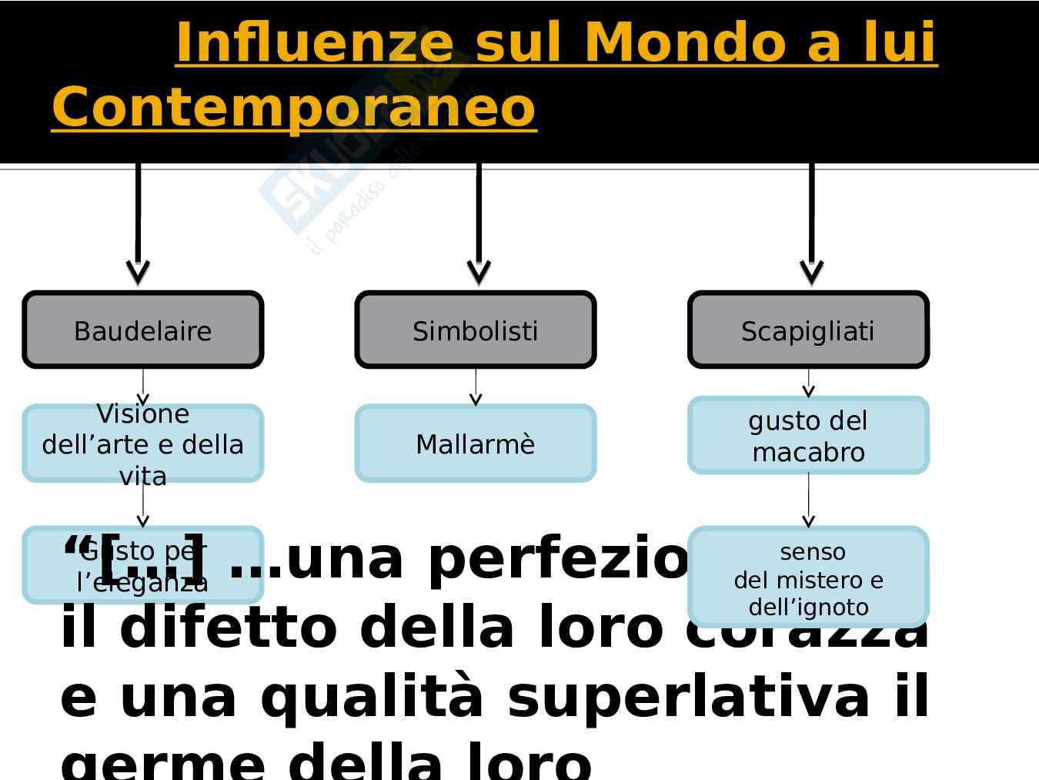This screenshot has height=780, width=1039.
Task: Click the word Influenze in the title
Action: [314, 42]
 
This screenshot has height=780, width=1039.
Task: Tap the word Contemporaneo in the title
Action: [293, 107]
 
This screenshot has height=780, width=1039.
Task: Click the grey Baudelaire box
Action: [143, 330]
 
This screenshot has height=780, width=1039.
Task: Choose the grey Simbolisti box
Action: [475, 330]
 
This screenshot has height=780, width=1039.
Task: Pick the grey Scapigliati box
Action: [808, 330]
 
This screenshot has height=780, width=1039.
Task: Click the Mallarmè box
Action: [475, 444]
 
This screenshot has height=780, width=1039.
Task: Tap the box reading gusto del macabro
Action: [808, 436]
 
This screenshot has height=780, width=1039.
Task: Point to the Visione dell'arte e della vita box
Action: [143, 444]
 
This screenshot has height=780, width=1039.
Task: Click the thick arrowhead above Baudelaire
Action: [138, 271]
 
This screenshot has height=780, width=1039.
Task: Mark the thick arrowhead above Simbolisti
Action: [479, 271]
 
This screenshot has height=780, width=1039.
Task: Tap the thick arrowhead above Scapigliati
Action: [812, 271]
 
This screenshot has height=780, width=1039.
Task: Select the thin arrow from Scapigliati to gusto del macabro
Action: [808, 383]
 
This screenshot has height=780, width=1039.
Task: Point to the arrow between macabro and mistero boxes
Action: [808, 500]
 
